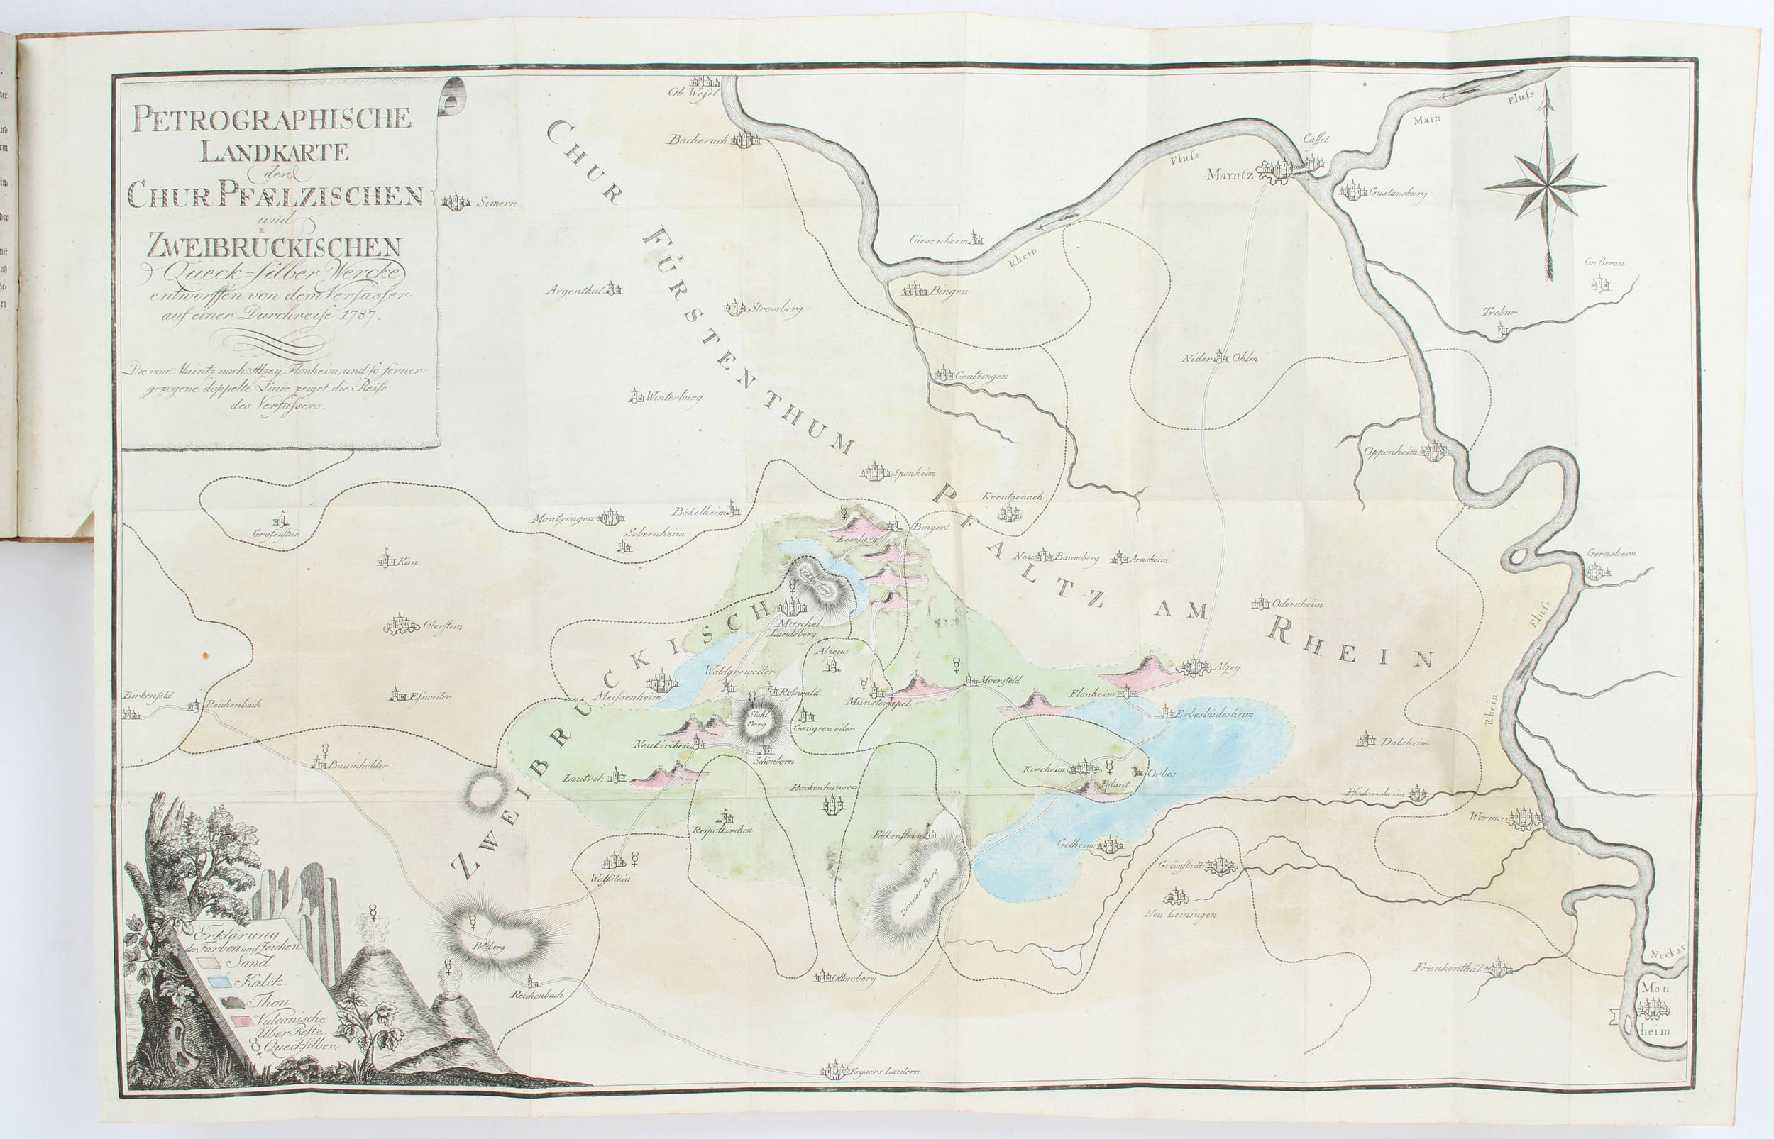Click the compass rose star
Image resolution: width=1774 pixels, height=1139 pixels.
(1544, 187)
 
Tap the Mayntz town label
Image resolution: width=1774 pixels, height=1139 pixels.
(1230, 175)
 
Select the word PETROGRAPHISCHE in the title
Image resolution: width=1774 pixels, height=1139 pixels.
(272, 118)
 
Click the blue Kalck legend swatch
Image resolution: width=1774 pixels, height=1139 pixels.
(219, 982)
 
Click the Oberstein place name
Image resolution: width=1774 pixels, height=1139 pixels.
(442, 626)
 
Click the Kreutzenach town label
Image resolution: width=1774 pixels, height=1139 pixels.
(1012, 496)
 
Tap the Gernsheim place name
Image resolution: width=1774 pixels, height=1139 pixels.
(1611, 553)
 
